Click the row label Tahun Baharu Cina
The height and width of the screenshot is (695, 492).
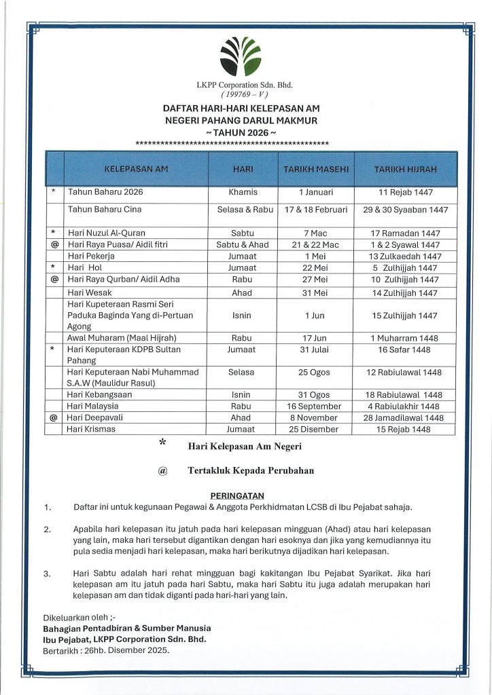pos(105,210)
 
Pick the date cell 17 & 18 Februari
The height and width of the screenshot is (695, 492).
pos(316,210)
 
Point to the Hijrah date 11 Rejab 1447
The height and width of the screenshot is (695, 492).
pos(405,193)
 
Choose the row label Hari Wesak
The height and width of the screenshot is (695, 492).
pos(88,293)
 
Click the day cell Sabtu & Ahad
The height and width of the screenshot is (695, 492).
pos(243,245)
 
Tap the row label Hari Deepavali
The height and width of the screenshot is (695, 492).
pos(94,418)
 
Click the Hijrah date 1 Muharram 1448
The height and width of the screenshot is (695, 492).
pos(405,338)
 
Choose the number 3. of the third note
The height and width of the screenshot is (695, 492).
pos(47,574)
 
